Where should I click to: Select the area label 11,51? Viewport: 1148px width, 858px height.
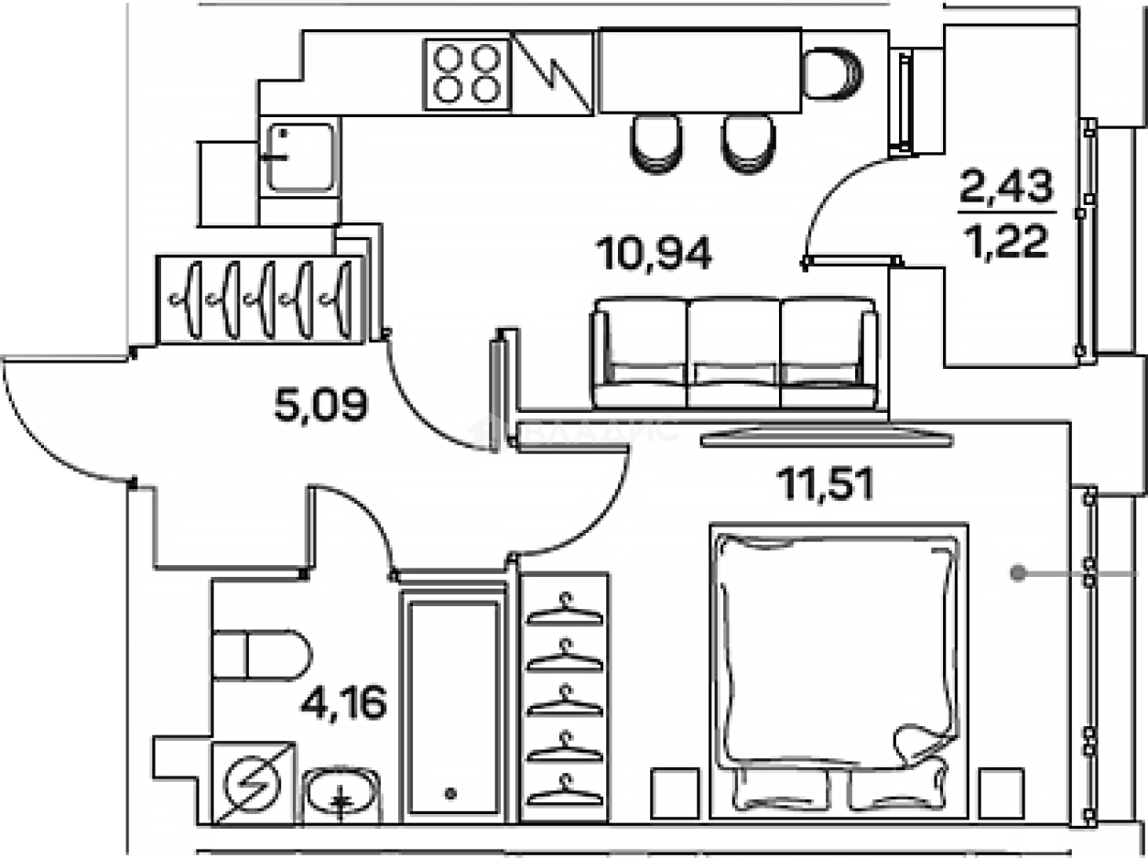point(825,483)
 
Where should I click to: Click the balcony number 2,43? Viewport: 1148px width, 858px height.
point(1007,190)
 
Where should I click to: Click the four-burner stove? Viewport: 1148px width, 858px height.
point(466,73)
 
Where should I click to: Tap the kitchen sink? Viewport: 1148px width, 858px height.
point(299,157)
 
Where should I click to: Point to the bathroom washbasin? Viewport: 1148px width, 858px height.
point(341,792)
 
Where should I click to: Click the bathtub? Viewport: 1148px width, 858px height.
point(453,705)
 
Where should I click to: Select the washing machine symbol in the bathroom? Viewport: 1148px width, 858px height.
point(254,783)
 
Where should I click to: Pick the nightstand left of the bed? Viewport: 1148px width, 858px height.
point(675,792)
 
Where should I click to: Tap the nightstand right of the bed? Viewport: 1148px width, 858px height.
point(1002,792)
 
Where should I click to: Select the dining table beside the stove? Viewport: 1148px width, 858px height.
point(699,70)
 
